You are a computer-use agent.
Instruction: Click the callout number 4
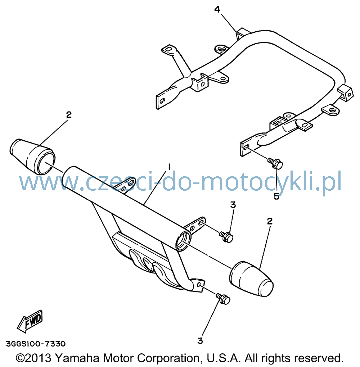tap(217, 9)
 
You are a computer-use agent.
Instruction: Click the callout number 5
tap(276, 196)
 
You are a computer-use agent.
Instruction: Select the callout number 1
tap(168, 167)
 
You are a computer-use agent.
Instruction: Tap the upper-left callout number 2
tap(69, 115)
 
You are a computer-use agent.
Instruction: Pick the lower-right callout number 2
tap(270, 221)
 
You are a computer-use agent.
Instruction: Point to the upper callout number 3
tap(233, 205)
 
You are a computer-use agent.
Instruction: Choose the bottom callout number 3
tap(200, 341)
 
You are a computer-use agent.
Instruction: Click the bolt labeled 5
tap(275, 163)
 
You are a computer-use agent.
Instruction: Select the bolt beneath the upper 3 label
tap(226, 237)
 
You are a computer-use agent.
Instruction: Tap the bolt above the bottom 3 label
tap(223, 299)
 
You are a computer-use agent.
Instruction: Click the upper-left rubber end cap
tap(32, 157)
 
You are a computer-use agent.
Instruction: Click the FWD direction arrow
tap(30, 321)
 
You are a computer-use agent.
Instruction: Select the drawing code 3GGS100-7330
tap(36, 344)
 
